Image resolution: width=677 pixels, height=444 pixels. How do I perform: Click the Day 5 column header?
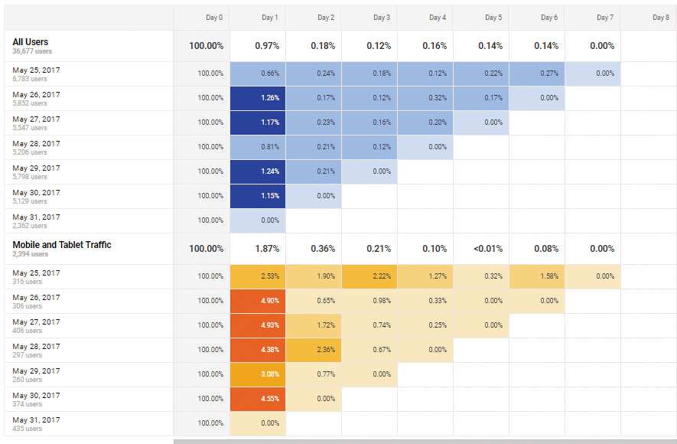coord(493,18)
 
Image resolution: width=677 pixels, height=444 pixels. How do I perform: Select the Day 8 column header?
coord(661,18)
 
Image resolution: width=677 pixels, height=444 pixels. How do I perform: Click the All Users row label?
coord(31,41)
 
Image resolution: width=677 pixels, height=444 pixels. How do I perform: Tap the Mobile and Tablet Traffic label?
coord(62,245)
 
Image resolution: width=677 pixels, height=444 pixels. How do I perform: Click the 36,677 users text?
coord(32,51)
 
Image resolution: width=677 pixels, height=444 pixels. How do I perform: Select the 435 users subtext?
coord(28,429)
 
